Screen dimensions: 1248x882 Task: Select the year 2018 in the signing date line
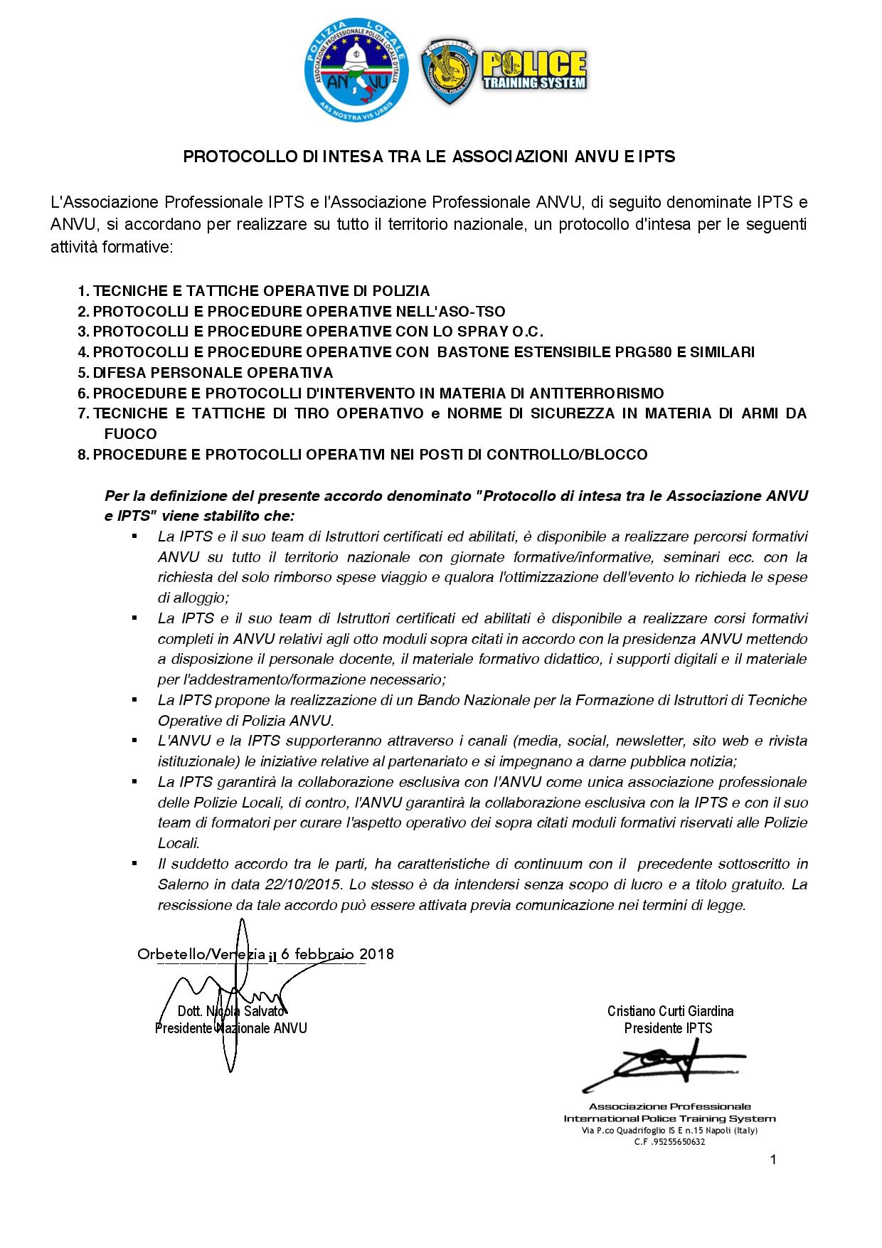[x=376, y=954]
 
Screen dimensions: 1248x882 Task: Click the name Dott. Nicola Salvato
[x=231, y=1011]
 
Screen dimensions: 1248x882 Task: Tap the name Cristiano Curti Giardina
[x=670, y=1011]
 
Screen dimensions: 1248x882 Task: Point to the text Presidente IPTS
[x=668, y=1028]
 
